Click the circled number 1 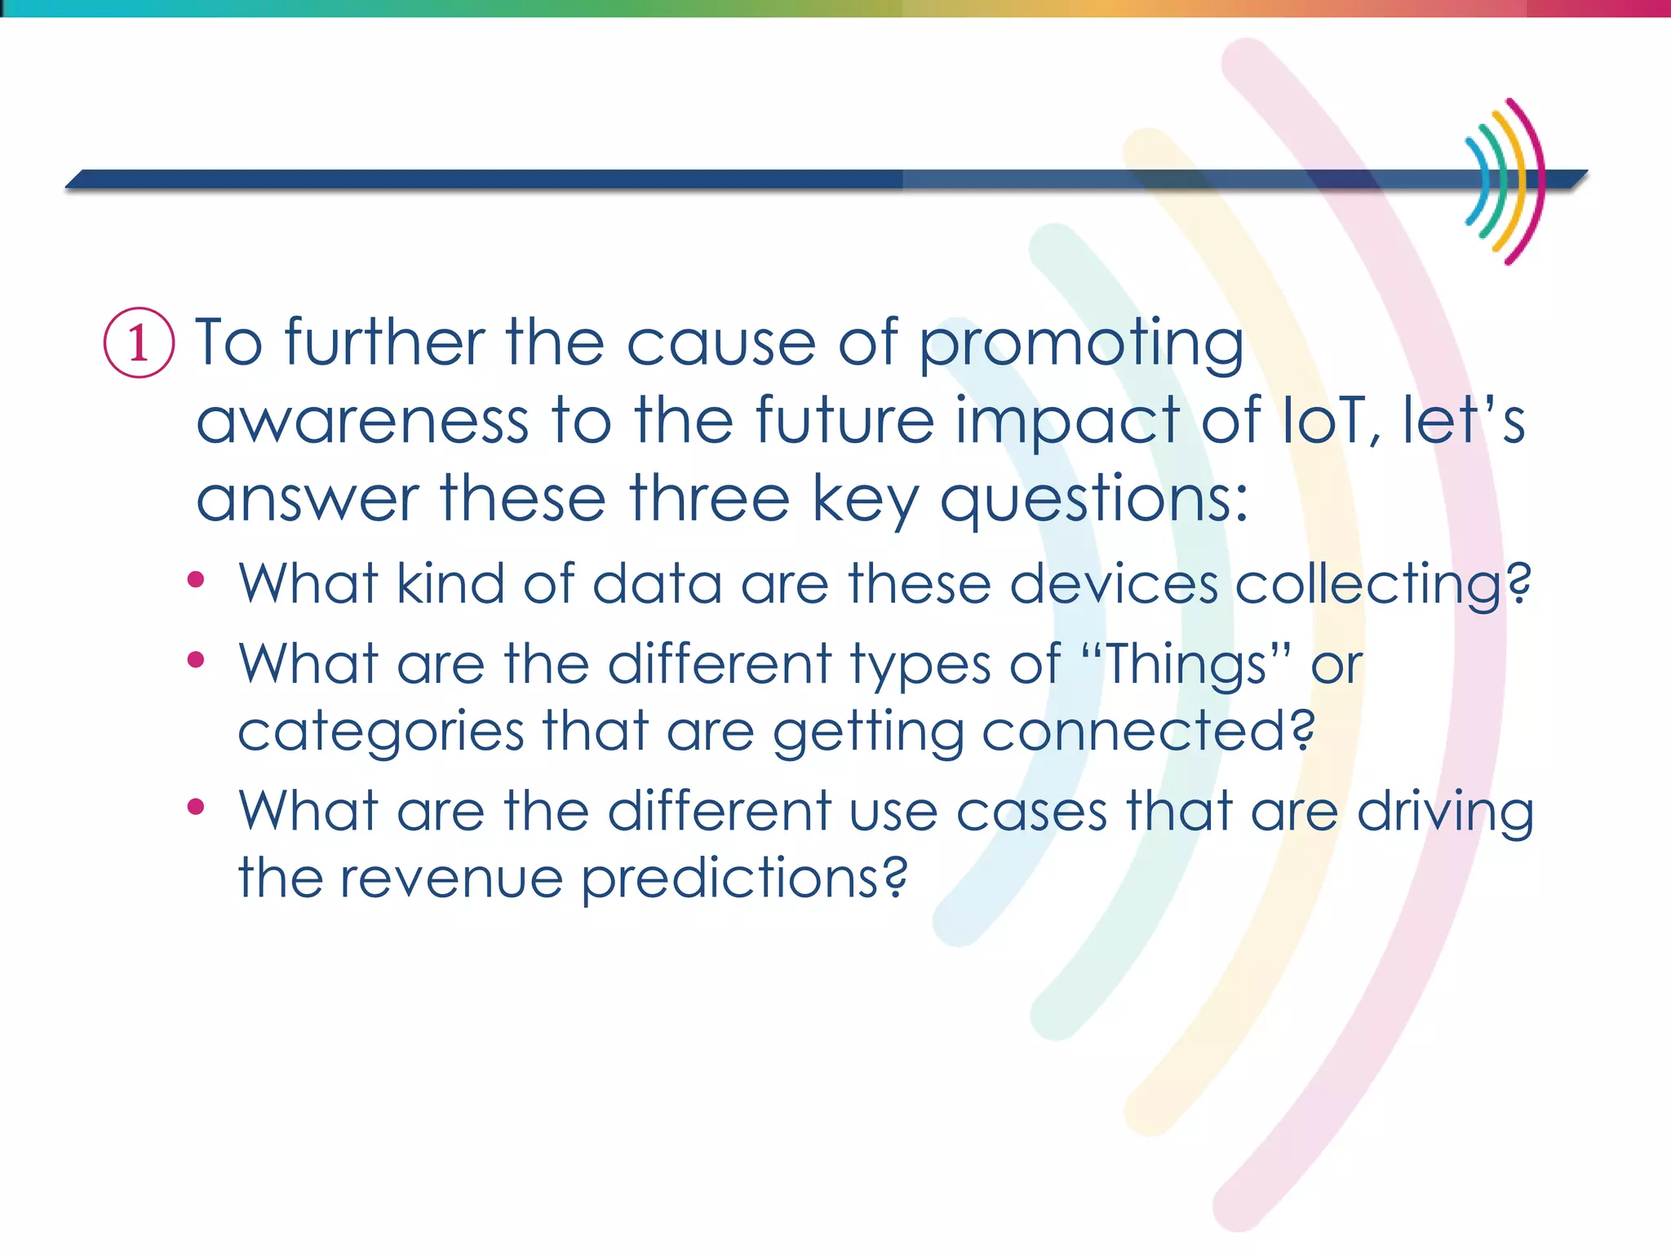[x=139, y=343]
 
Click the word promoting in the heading [x=1081, y=344]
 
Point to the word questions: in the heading [x=1093, y=500]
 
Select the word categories [x=380, y=733]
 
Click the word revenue [x=451, y=879]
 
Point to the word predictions [x=742, y=879]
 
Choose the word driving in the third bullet [x=1445, y=812]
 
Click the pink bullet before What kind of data [x=196, y=580]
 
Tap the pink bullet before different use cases [x=196, y=807]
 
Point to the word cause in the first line [x=721, y=344]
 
